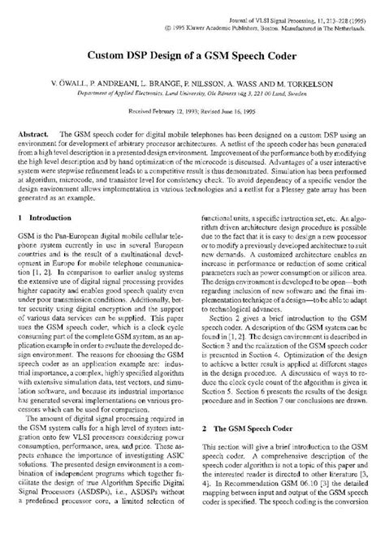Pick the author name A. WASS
244,84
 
